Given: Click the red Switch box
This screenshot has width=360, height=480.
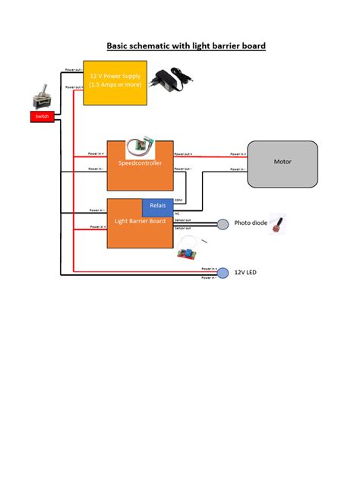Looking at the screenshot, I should (41, 117).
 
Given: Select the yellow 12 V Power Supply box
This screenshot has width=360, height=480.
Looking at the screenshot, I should (115, 82).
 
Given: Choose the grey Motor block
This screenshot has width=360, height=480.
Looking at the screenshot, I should (283, 163).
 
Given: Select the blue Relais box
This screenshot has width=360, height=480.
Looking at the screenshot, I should (157, 207).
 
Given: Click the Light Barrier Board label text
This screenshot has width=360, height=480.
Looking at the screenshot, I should (140, 221).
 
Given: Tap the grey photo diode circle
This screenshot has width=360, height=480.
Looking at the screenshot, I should (223, 224).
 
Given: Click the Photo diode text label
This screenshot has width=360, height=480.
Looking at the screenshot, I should (251, 223).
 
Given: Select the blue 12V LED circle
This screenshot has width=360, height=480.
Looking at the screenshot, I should (223, 271).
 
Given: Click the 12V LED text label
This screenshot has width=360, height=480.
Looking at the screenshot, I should (246, 271).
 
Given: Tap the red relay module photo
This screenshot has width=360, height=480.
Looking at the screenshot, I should (187, 253).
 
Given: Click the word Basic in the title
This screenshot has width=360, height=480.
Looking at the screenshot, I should (118, 46).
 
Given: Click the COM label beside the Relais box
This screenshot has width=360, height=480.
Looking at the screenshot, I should (178, 201).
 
